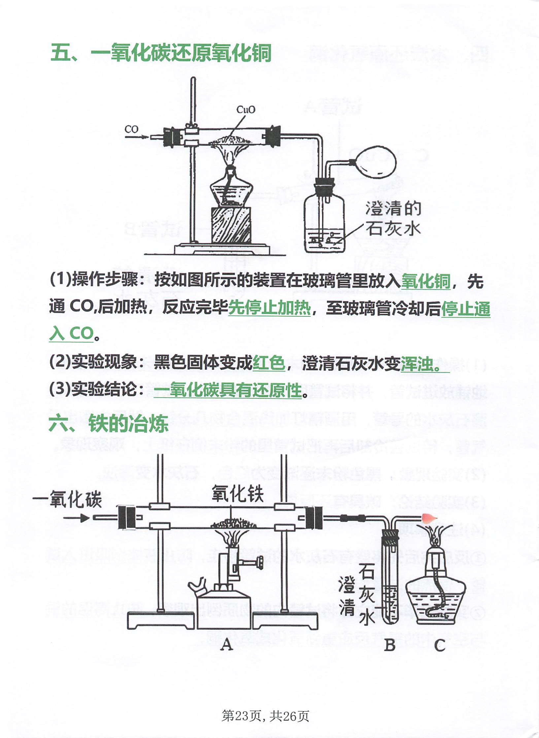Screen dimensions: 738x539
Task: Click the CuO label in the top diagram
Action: coord(246,110)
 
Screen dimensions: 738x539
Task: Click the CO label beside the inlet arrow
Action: coord(131,129)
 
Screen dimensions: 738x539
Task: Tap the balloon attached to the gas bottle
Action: coord(376,162)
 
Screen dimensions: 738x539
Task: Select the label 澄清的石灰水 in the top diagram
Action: coord(393,219)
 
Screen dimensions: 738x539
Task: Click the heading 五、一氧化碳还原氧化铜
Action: coord(161,53)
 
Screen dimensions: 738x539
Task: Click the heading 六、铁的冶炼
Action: coord(109,424)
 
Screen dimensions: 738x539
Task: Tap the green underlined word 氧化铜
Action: coord(426,281)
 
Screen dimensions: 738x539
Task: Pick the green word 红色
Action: coord(269,363)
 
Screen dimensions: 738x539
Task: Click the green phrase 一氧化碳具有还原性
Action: coord(228,390)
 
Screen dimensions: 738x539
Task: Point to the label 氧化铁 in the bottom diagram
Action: coord(237,494)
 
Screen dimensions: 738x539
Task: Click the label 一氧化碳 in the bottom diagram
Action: coord(67,499)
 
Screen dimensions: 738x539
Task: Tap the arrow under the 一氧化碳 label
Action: coord(76,518)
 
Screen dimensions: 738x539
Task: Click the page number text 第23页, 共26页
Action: coord(265,716)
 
